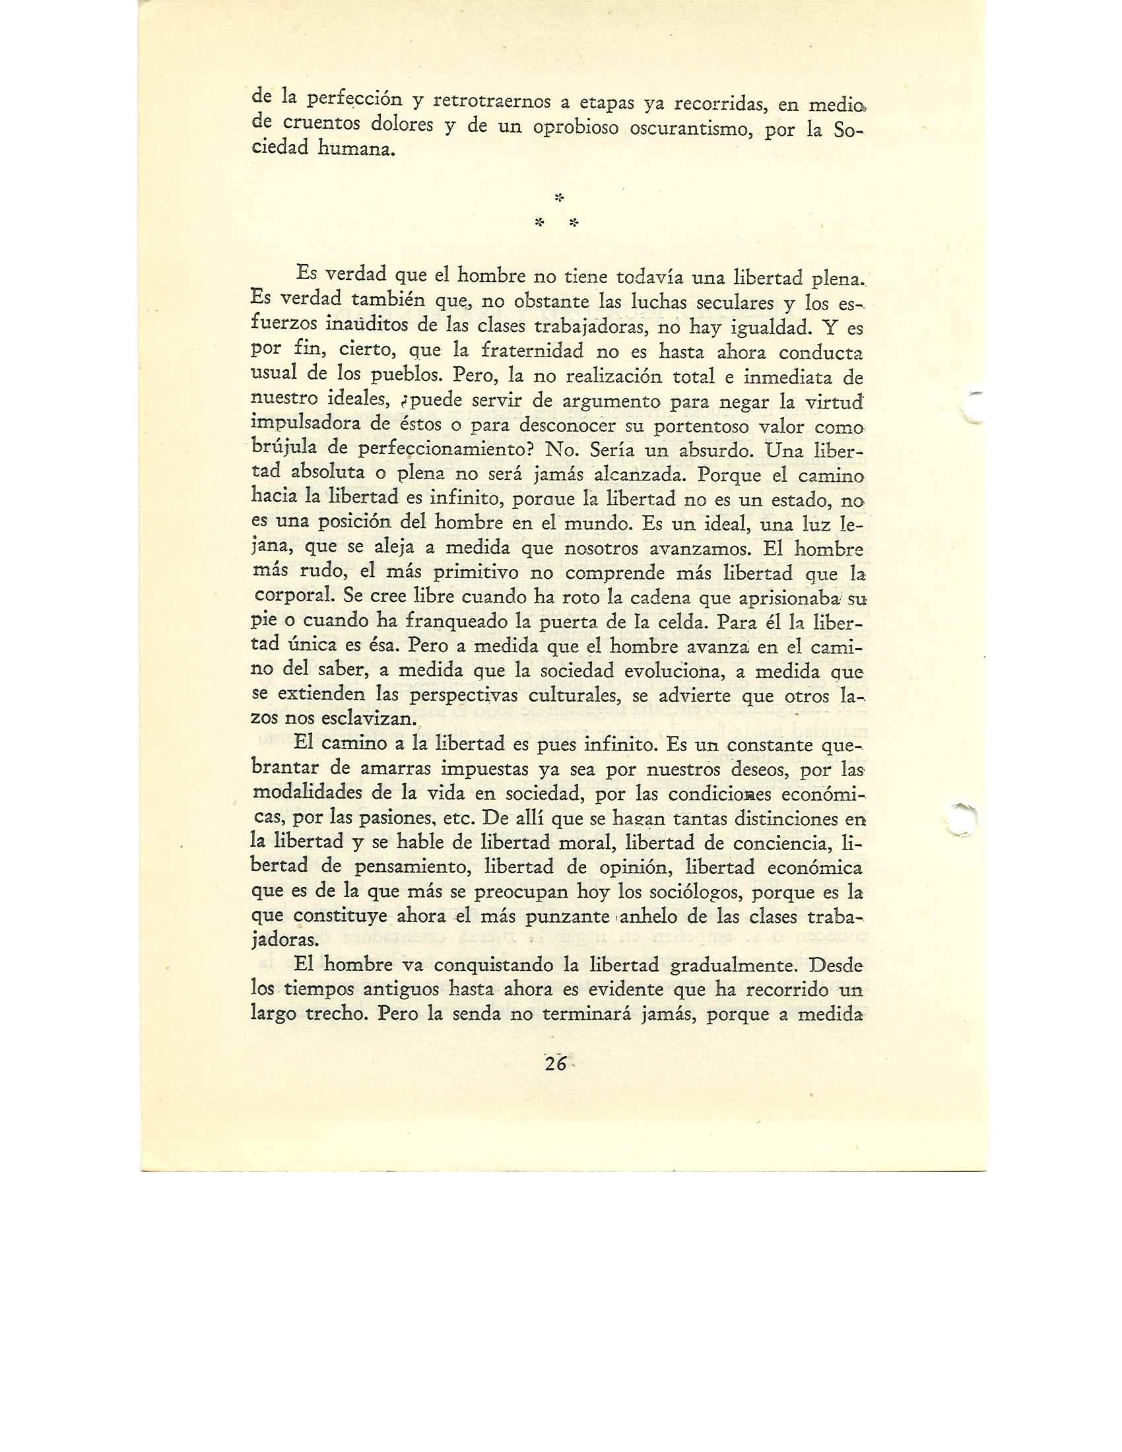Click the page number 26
554,1065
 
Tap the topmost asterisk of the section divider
559,197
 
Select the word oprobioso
576,126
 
